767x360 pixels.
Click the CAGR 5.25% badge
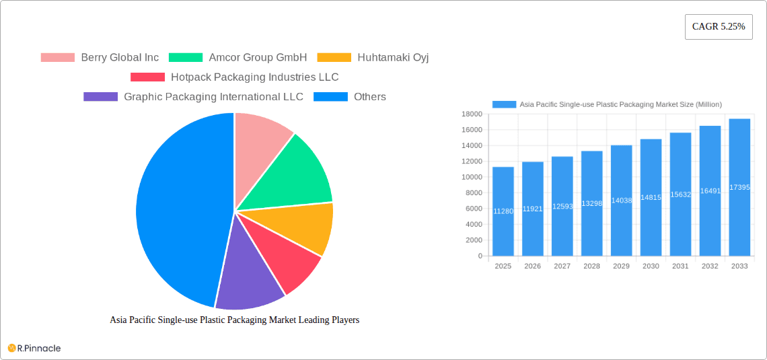point(719,27)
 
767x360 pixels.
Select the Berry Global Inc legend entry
point(100,58)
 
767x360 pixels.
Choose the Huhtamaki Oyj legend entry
point(373,58)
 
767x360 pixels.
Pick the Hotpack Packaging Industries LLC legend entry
point(235,77)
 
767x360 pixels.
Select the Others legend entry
point(357,97)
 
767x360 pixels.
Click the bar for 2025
point(503,211)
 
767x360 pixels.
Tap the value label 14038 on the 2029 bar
point(621,201)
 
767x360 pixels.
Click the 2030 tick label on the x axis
point(651,266)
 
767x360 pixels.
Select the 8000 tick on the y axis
point(474,193)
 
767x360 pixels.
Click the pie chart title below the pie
point(234,320)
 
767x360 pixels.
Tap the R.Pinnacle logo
point(34,348)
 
